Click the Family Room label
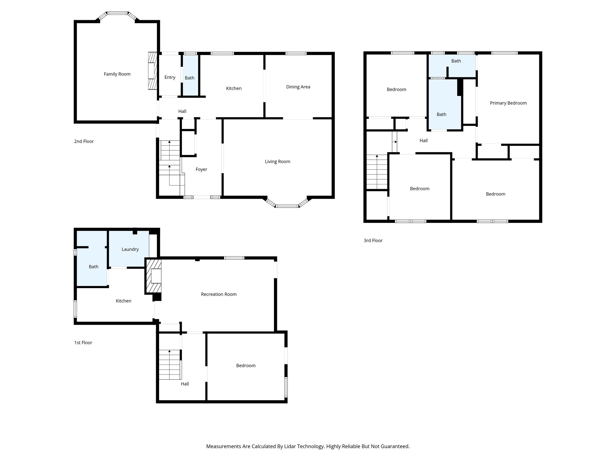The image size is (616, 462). pos(117,74)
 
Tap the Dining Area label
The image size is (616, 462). pos(298,87)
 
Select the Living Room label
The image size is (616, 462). pos(277,162)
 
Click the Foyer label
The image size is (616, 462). pos(201,169)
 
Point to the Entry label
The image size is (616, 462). pos(170,77)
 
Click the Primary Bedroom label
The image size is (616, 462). pos(508,103)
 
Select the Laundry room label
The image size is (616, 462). pos(130,249)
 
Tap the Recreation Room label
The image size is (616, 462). pos(219,294)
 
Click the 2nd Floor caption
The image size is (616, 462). pos(84,141)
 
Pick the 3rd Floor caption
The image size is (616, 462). pos(373,240)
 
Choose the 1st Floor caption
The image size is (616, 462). pos(83,343)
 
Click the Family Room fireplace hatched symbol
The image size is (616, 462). pos(153,71)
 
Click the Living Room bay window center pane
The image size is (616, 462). pos(287,206)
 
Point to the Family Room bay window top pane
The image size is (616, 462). pos(117,13)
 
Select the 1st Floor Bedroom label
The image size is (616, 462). pos(246,365)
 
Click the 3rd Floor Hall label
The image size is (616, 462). pos(423,140)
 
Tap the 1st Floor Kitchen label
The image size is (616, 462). pos(123,301)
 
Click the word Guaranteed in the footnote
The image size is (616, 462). pos(394,446)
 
